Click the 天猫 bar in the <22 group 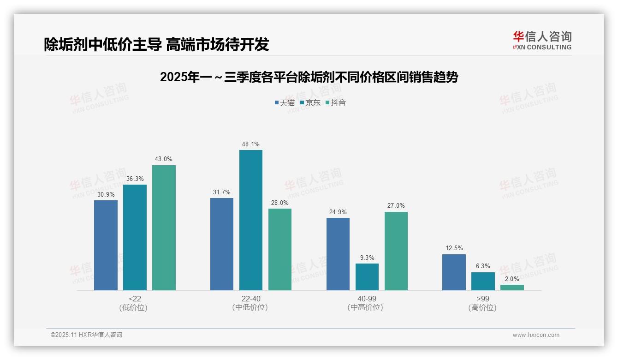[x=106, y=245]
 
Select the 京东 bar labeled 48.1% [x=250, y=220]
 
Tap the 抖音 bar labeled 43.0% [x=164, y=228]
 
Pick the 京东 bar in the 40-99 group [x=367, y=277]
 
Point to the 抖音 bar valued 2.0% [x=512, y=288]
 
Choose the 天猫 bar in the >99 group [x=454, y=272]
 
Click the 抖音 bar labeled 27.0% [x=396, y=251]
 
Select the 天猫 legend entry [x=285, y=102]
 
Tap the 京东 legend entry [x=310, y=102]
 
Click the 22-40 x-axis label [x=250, y=299]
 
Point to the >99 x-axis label [x=483, y=299]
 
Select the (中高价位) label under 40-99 [x=366, y=307]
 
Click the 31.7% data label [x=222, y=192]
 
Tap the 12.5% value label [x=454, y=248]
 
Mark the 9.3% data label [x=367, y=258]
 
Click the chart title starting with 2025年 [x=309, y=77]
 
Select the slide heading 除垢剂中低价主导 [x=156, y=44]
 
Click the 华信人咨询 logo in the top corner [x=542, y=40]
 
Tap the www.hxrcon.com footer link [x=536, y=335]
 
